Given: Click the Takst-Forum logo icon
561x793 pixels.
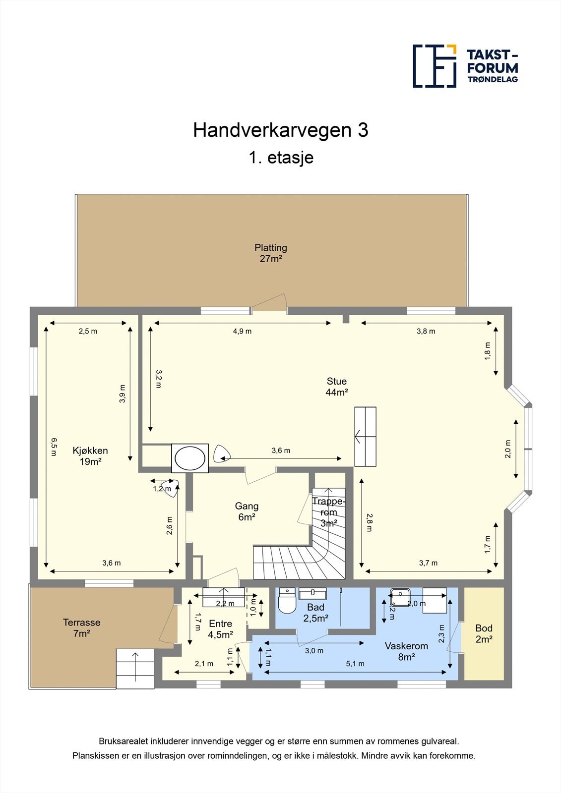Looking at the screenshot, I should pyautogui.click(x=435, y=66).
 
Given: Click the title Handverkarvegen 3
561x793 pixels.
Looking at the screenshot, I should pyautogui.click(x=280, y=130).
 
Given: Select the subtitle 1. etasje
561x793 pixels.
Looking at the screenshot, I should pyautogui.click(x=281, y=158).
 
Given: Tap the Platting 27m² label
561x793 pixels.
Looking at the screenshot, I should pyautogui.click(x=271, y=253).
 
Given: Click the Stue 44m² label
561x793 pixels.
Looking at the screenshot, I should pyautogui.click(x=336, y=387).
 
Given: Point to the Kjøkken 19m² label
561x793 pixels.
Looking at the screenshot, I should pyautogui.click(x=90, y=456).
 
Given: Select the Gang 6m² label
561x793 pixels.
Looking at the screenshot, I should pyautogui.click(x=247, y=511).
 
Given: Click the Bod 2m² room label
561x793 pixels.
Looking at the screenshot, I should pyautogui.click(x=484, y=634).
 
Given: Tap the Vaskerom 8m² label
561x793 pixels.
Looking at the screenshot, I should pyautogui.click(x=406, y=651).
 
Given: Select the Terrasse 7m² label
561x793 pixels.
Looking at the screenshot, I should pyautogui.click(x=81, y=628).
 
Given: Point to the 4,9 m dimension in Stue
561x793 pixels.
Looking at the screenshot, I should pyautogui.click(x=242, y=331).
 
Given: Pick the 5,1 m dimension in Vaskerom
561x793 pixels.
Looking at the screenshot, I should pyautogui.click(x=355, y=664).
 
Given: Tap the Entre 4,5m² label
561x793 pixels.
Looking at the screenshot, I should pyautogui.click(x=220, y=629).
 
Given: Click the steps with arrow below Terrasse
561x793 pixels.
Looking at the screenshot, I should pyautogui.click(x=135, y=668).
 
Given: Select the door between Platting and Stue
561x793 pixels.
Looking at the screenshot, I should pyautogui.click(x=269, y=310).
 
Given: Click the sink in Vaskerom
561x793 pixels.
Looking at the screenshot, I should pyautogui.click(x=399, y=594).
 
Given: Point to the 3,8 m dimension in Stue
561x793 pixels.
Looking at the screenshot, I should pyautogui.click(x=426, y=331).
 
